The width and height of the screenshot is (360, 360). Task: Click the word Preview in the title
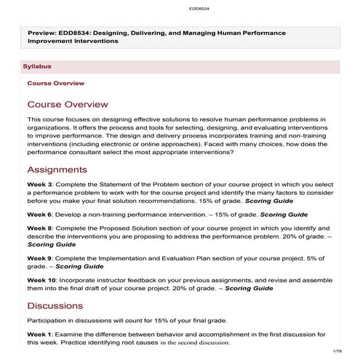point(42,33)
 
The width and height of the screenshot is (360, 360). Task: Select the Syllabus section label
point(37,66)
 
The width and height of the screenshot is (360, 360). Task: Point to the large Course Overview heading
point(68,104)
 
